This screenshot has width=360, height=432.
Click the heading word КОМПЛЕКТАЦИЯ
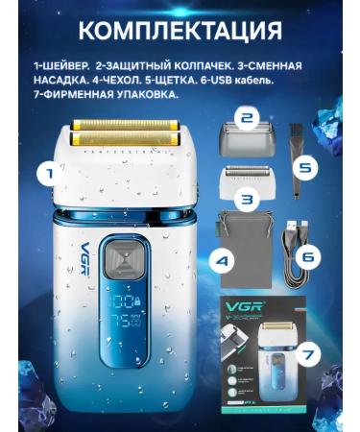tap(180, 29)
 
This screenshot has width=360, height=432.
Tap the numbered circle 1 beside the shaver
tap(44, 175)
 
